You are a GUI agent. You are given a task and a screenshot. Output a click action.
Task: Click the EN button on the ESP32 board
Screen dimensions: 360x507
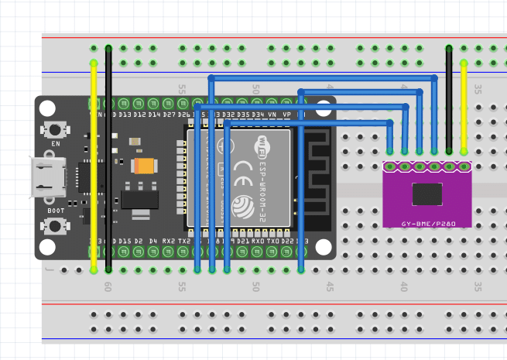[x=55, y=130]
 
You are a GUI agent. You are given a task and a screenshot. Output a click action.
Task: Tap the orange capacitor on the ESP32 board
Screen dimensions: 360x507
[x=145, y=166]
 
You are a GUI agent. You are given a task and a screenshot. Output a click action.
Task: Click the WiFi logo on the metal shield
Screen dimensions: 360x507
[x=263, y=144]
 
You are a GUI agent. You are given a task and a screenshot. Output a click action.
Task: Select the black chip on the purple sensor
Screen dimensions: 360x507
[x=427, y=194]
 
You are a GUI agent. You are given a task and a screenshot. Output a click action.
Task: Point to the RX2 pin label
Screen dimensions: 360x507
[x=168, y=242]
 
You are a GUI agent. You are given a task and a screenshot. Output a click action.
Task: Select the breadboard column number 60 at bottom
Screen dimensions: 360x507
[x=108, y=286]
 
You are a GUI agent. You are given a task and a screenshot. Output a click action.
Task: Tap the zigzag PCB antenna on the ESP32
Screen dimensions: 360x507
[x=316, y=174]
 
